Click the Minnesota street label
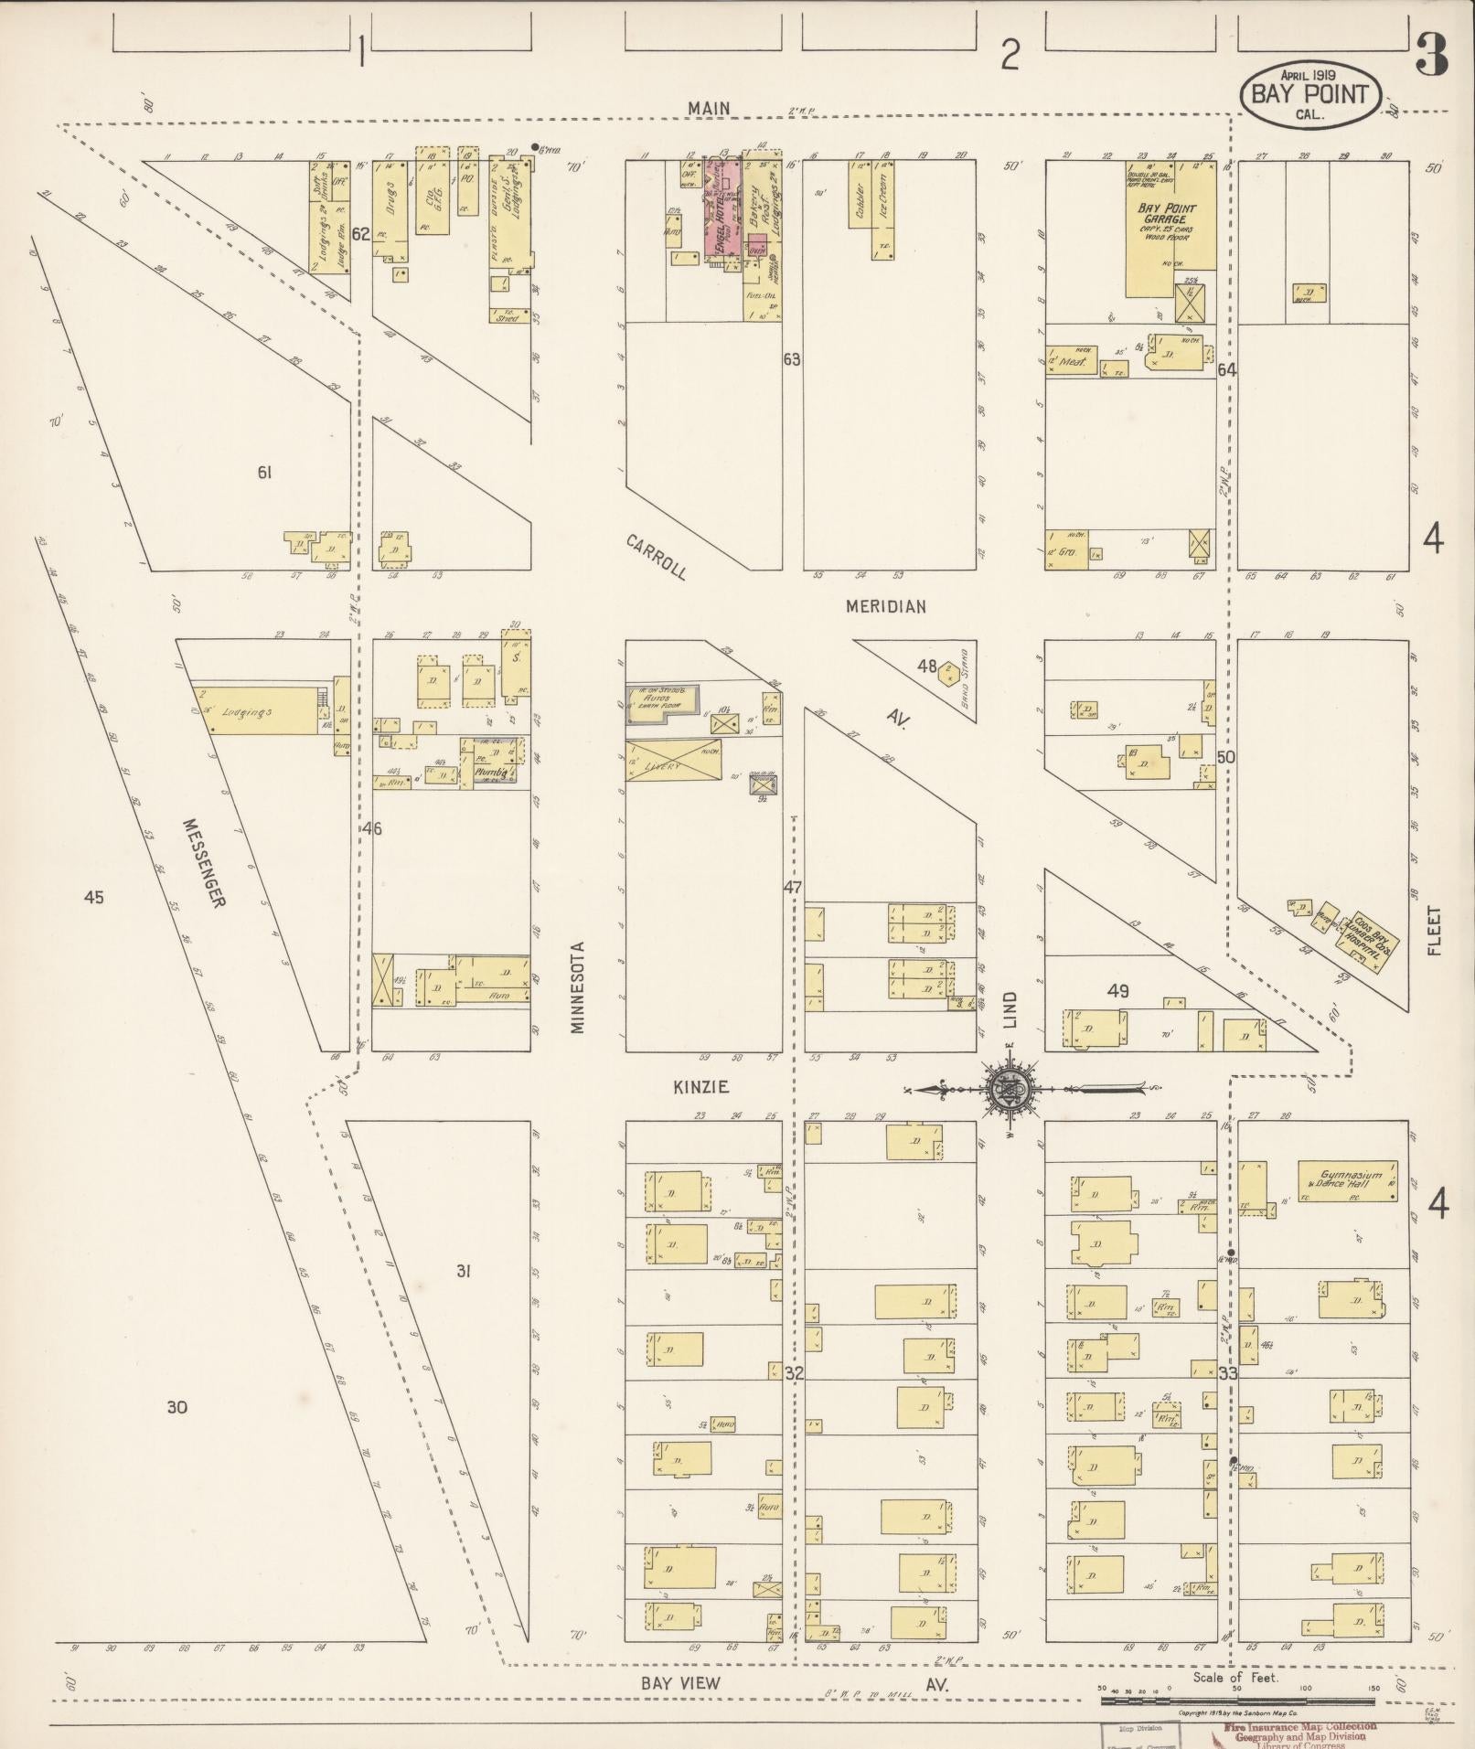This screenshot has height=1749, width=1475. click(x=577, y=987)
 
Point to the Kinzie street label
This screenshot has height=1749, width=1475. click(x=700, y=1087)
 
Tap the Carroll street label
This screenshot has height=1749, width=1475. click(x=656, y=557)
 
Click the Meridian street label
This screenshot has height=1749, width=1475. click(x=885, y=606)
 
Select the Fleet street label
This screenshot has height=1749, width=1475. click(x=1433, y=931)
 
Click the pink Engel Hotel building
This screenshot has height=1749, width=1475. click(x=722, y=208)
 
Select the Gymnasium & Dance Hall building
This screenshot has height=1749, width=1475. click(x=1347, y=1180)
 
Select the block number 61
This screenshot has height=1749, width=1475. click(x=264, y=473)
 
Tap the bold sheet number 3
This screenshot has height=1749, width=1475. click(x=1431, y=57)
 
